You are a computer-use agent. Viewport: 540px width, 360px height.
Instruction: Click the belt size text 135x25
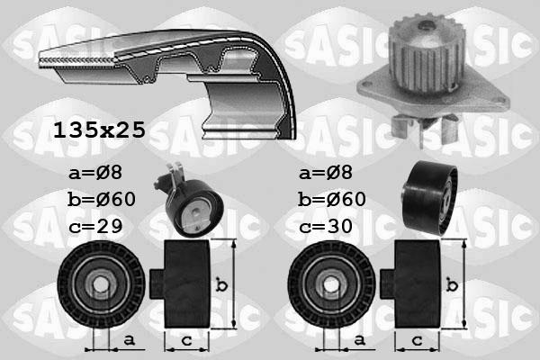pyautogui.click(x=98, y=130)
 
